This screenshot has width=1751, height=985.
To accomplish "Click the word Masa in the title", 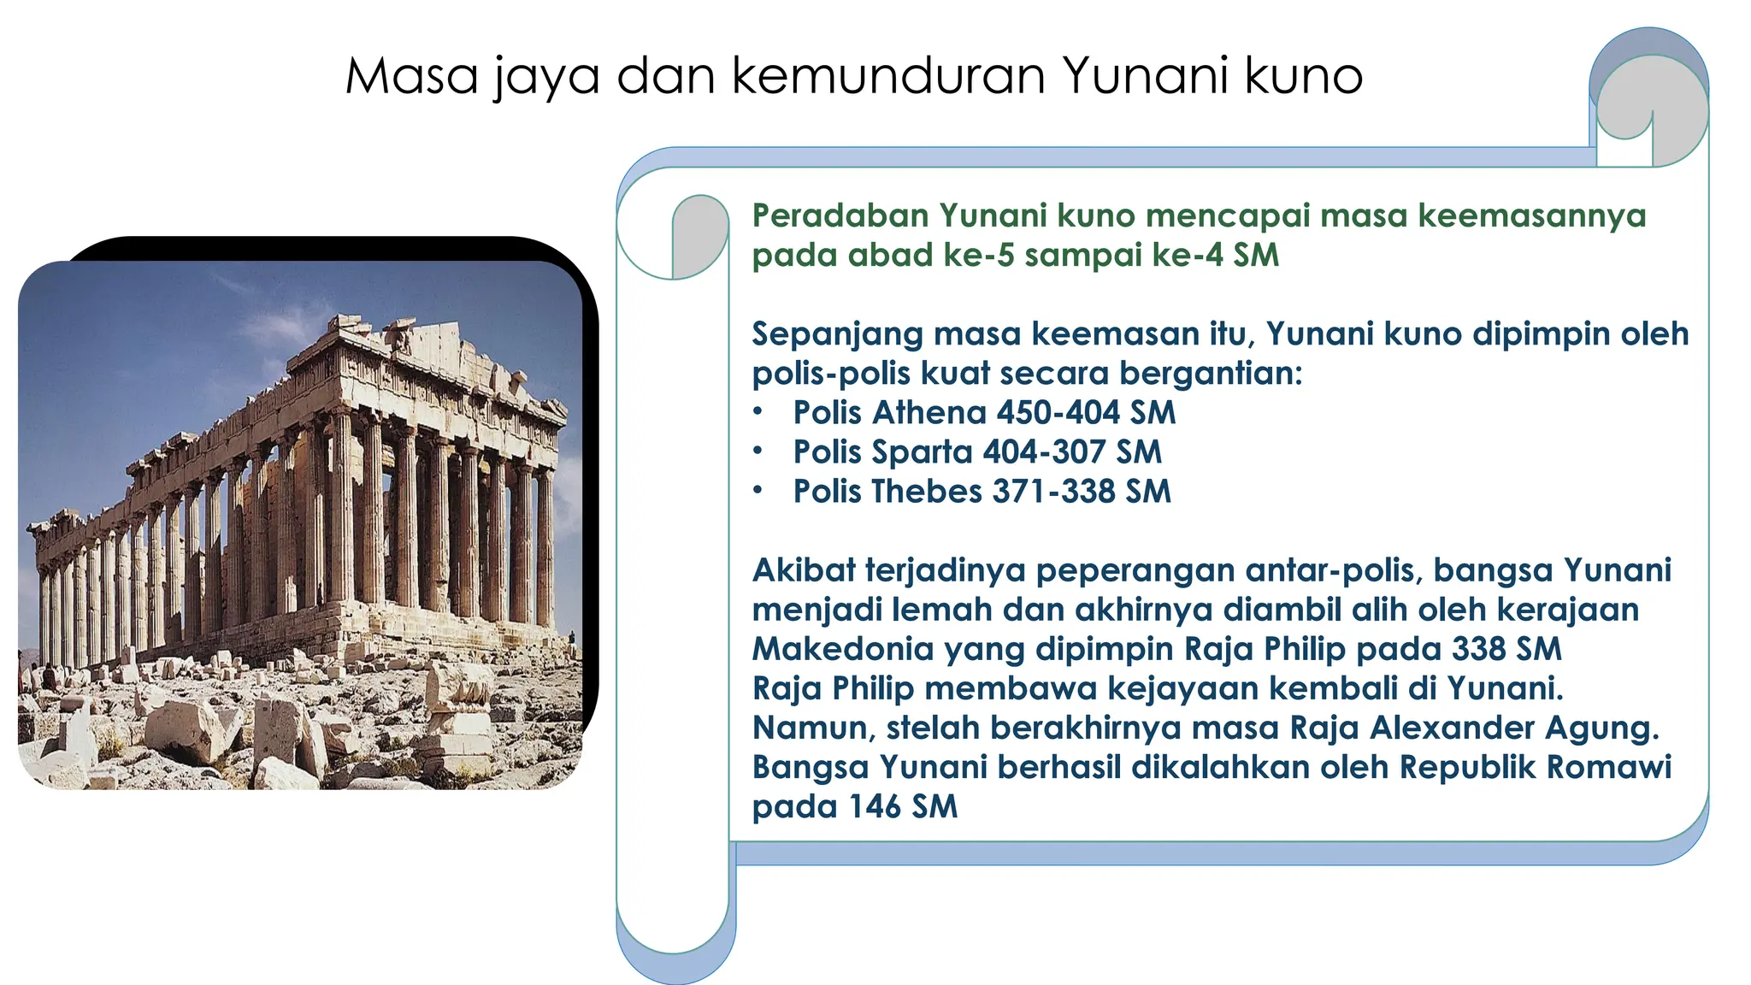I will click(411, 75).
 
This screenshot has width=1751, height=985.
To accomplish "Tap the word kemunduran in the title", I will click(888, 75).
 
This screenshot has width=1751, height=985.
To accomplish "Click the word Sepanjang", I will click(837, 333).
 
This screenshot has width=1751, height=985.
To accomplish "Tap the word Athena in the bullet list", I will click(929, 412).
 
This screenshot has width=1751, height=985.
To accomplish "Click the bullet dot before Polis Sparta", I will click(758, 451).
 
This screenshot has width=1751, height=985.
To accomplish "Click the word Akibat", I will click(803, 569).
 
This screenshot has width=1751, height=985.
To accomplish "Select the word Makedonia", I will click(842, 648).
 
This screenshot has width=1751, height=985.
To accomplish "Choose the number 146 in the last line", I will click(875, 805).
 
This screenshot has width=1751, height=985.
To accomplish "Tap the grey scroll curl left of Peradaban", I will click(700, 236).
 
